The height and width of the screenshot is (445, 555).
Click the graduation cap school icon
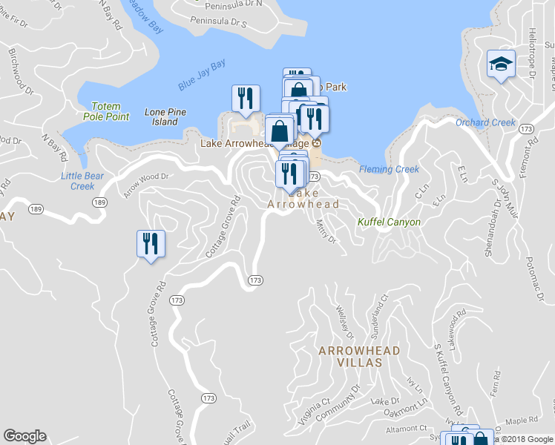[501, 64]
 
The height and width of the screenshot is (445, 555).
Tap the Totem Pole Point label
[105, 111]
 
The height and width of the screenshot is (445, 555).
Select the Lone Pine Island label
[165, 117]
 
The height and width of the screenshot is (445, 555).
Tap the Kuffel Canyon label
[389, 222]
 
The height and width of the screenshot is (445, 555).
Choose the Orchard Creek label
[485, 122]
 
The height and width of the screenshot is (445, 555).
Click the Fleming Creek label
[390, 169]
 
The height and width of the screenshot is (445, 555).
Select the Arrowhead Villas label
[359, 357]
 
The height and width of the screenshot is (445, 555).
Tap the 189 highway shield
[99, 201]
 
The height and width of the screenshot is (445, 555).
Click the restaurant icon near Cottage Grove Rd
[151, 244]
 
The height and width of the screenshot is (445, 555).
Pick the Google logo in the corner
[24, 436]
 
